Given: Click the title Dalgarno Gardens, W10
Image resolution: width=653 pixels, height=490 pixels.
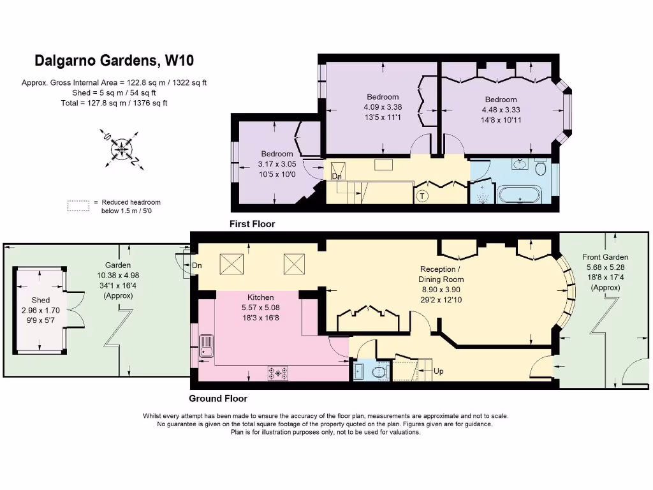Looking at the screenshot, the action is pos(114,61).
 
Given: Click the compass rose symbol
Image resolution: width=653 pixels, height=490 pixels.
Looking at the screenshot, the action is pos(122,149).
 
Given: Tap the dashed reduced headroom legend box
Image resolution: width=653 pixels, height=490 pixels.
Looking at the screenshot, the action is pos(78,206).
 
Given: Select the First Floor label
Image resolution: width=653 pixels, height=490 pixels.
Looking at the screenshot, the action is pos(253,224).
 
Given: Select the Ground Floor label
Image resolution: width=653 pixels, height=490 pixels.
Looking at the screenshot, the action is pos(218,399).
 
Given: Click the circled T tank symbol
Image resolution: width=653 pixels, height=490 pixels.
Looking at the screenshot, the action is pos(422,197).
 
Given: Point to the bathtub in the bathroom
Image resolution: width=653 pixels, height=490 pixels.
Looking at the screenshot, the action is pos(520,195).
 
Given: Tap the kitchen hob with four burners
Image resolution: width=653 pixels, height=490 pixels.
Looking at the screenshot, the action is pos(278,373).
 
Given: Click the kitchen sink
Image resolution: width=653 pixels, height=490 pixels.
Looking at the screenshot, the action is pos(206,346).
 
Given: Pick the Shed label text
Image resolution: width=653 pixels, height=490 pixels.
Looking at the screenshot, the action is pos(41,300).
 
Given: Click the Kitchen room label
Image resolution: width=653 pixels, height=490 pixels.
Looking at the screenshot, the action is pos(261,297).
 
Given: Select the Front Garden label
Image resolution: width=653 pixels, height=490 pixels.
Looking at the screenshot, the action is pos(605,257).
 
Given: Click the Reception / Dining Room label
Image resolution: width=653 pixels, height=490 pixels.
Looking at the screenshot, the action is pos(441,274).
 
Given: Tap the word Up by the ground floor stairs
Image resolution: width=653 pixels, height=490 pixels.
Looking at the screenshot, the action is pos(439,371).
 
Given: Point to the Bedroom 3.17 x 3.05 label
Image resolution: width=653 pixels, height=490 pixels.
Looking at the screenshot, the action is pos(277,164).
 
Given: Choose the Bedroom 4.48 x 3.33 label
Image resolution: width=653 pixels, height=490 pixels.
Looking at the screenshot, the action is pos(501,110).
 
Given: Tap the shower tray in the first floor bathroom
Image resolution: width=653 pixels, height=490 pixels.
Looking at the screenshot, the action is pos(482,193).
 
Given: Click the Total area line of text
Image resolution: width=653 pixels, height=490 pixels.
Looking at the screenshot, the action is pos(114,103).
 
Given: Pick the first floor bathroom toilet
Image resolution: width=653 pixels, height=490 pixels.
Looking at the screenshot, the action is pos(540,168).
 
